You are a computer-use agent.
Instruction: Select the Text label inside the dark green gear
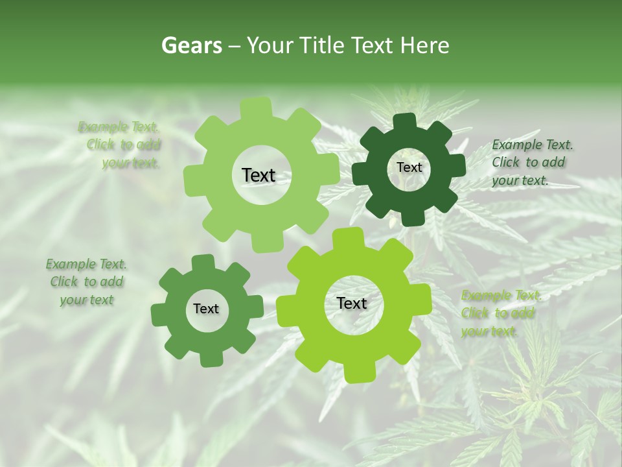coord(409,167)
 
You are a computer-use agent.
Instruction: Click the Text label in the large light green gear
coord(259,175)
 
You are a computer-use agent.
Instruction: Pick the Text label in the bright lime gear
coord(352,304)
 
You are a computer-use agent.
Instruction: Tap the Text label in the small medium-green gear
coord(206,309)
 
